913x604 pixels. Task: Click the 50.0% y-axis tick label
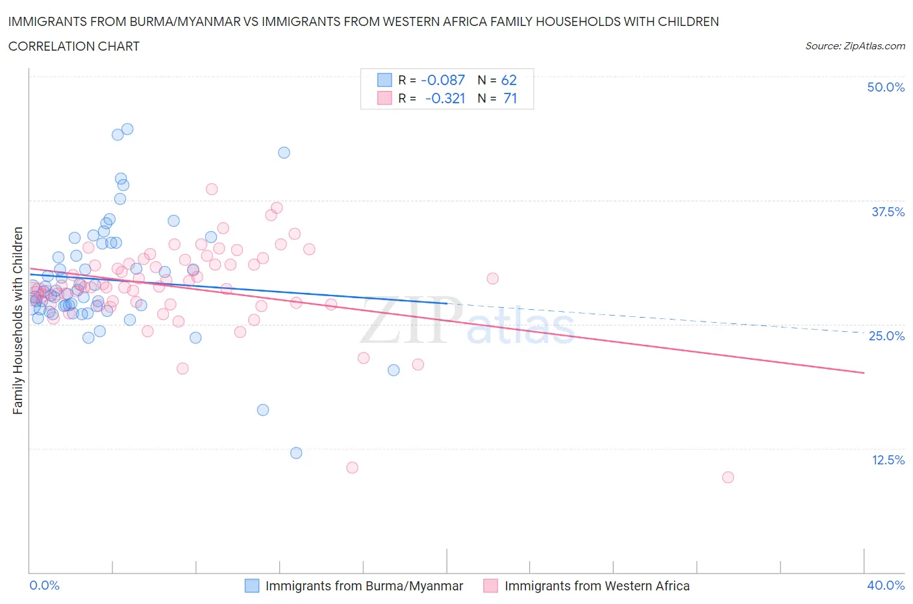886,87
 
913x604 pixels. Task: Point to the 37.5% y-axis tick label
887,212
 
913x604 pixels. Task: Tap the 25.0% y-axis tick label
886,336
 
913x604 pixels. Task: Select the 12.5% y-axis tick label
888,460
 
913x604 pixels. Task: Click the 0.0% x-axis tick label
44,585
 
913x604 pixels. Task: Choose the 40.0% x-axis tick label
886,585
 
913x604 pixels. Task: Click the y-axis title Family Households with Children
18,320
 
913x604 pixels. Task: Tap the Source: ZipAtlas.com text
855,46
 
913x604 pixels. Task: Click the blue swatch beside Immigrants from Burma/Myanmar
252,586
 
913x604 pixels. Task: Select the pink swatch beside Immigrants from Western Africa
491,586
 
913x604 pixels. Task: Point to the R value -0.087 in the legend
443,80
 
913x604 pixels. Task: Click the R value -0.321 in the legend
445,98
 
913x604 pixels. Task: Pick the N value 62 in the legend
509,80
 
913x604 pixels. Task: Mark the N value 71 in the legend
510,98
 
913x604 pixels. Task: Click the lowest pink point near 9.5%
728,477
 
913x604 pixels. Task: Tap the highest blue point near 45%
127,129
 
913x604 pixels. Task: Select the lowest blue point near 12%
296,453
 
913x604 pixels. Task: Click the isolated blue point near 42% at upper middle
284,153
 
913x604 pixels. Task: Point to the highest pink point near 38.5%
212,189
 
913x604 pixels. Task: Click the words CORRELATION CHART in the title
74,46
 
